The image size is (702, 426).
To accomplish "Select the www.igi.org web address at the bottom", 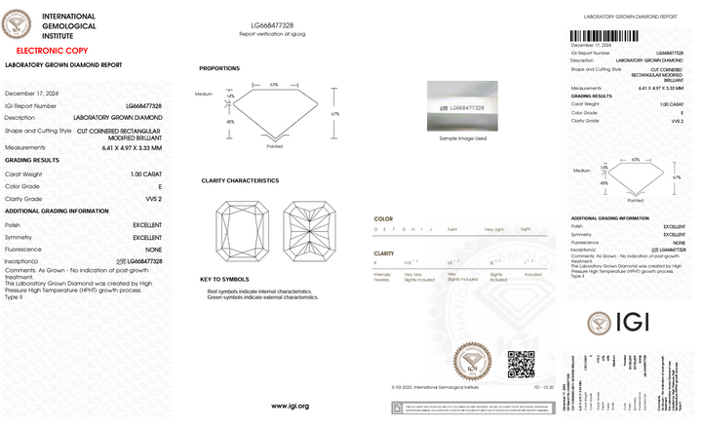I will point(290,406).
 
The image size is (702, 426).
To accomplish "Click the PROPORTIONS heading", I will point(219,68).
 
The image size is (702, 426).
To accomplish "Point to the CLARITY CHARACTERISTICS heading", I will point(240,180).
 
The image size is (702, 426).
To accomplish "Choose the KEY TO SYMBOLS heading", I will point(224,279).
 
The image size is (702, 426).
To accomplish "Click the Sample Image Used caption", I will point(462,138).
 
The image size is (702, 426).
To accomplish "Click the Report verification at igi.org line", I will point(272,34).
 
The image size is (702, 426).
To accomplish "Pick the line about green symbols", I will point(262,297).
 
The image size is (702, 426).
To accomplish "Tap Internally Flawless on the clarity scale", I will point(382,277).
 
